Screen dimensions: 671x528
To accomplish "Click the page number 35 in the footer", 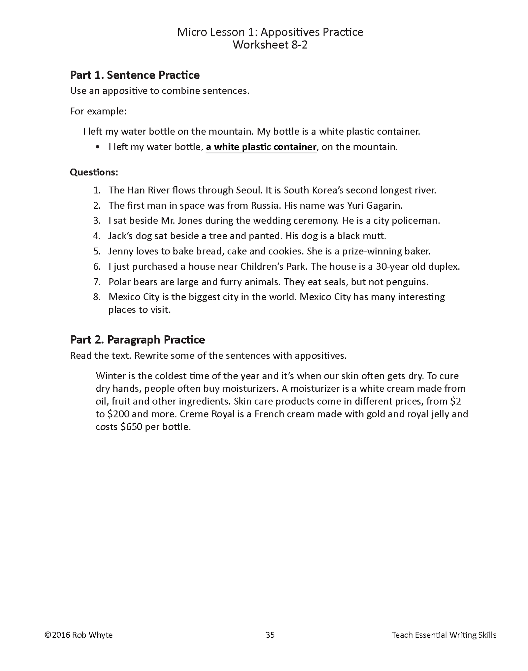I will (270, 635).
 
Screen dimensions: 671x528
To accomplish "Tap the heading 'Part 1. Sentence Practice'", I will (135, 75).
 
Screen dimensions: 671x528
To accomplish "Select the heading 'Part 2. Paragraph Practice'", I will (137, 340).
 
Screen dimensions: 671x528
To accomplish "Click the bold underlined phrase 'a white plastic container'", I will (261, 147).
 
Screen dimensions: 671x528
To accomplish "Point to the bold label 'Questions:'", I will (94, 172).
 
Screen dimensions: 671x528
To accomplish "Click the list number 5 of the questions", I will (97, 251).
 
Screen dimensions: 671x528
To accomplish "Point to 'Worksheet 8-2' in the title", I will (270, 45).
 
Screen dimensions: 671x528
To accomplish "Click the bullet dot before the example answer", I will (97, 147).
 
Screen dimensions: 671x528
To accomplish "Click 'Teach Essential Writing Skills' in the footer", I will (444, 635).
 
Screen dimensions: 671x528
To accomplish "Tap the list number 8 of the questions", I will (97, 297).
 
